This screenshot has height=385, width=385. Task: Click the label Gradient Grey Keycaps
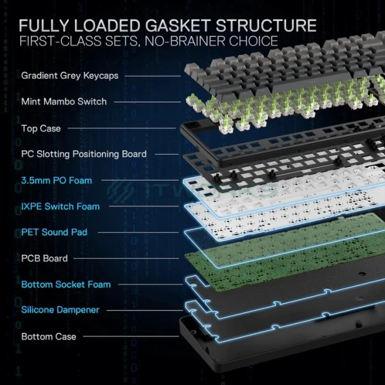point(69,76)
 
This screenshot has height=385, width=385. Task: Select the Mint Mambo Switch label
point(64,101)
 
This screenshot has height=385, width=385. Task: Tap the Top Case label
point(41,128)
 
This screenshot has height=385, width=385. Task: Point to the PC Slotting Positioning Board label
point(83,154)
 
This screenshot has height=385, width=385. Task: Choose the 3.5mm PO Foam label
point(56,180)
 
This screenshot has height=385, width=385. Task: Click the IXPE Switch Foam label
point(60,207)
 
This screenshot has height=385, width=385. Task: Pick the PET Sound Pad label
point(54,232)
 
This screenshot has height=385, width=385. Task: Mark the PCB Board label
point(44,259)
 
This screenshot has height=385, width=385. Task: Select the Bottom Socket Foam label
point(66,284)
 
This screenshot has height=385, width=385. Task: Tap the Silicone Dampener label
point(60,310)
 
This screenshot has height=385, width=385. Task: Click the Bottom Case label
point(49,336)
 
